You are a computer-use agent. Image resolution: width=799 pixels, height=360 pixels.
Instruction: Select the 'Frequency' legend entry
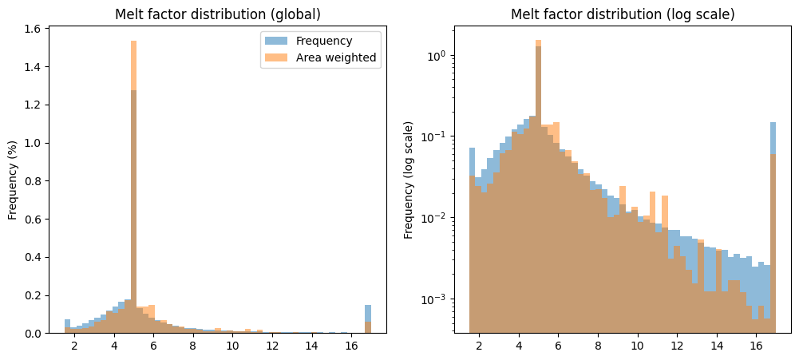coord(324,41)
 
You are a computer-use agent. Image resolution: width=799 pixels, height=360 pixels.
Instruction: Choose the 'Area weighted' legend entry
coord(335,57)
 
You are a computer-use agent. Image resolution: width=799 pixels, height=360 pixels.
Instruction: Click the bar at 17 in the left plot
coord(368,319)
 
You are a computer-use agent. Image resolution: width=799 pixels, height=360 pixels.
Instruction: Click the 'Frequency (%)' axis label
coord(13,180)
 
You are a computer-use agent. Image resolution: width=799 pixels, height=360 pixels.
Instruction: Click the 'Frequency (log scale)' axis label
coord(409,180)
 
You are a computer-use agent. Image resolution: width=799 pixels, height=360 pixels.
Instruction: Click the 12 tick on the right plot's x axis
coord(677,346)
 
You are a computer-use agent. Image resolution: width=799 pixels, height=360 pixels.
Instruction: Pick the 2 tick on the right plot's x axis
coord(479,346)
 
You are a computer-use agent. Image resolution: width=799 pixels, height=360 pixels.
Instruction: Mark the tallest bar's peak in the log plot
coord(539,41)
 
